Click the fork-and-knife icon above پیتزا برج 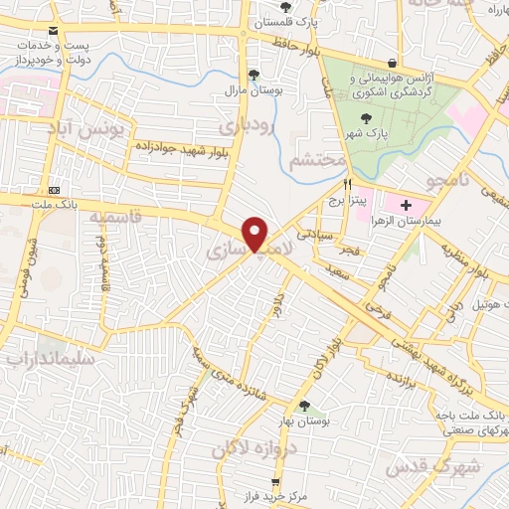coord(347,184)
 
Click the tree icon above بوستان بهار coord(304,406)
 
